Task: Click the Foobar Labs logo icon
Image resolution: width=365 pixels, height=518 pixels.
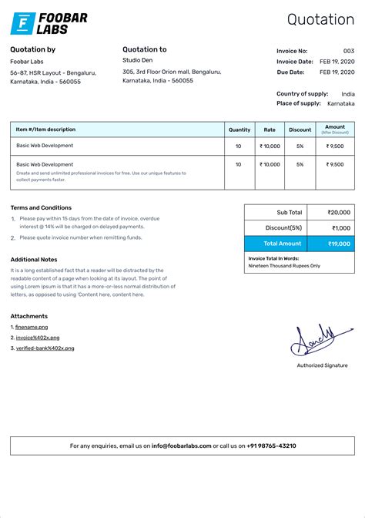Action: coord(22,24)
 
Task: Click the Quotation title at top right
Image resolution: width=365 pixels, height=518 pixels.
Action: coord(320,20)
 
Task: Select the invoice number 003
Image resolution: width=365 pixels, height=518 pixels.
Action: coord(349,51)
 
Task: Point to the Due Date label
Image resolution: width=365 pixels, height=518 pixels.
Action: coord(291,72)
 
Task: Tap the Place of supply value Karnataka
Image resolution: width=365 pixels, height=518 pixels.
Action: coord(340,103)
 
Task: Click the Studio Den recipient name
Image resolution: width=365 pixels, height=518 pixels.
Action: coord(137,60)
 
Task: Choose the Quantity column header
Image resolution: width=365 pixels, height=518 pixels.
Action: coord(239,129)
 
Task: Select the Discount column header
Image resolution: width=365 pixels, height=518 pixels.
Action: coord(300,129)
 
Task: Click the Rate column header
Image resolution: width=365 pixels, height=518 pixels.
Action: coord(270,129)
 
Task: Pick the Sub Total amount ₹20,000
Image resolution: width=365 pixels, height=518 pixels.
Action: coord(338,212)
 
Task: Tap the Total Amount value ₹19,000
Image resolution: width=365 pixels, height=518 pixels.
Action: coord(338,244)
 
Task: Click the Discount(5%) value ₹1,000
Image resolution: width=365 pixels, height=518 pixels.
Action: coord(340,228)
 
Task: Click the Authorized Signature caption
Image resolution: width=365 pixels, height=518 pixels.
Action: coord(322,365)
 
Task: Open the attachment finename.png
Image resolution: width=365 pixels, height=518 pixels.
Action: coord(32,328)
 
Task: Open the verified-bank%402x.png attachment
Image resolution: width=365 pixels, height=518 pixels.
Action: coord(45,348)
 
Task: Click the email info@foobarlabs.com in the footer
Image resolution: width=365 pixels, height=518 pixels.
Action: coord(181,446)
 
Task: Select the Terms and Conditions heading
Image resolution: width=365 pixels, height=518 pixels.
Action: coord(41,207)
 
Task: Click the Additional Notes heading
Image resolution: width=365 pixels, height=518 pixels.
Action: coord(34,260)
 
